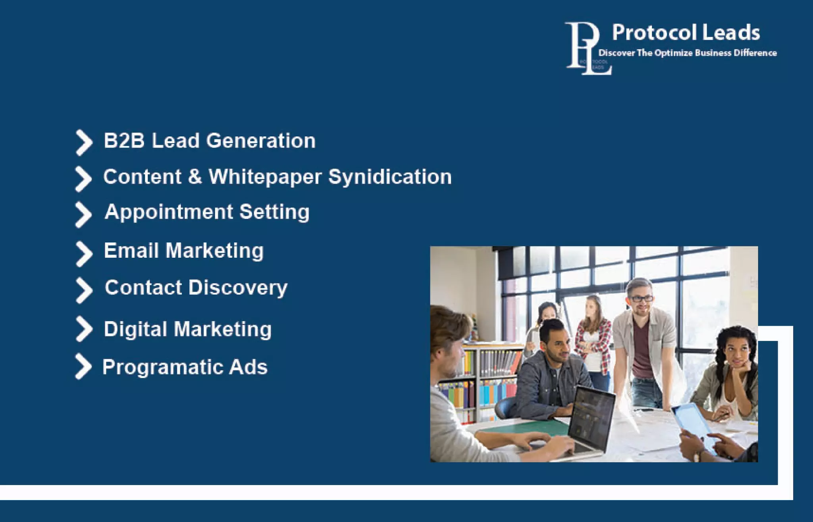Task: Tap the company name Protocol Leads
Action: pyautogui.click(x=686, y=33)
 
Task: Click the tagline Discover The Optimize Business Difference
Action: pyautogui.click(x=687, y=53)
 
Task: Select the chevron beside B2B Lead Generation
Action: pyautogui.click(x=84, y=142)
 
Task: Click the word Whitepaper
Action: pyautogui.click(x=265, y=177)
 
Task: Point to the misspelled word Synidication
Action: pyautogui.click(x=390, y=177)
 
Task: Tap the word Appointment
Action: pyautogui.click(x=169, y=212)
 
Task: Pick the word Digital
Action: pyautogui.click(x=135, y=329)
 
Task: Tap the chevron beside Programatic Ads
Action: pyautogui.click(x=83, y=367)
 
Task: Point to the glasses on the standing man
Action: pyautogui.click(x=641, y=299)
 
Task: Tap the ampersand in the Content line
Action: pyautogui.click(x=195, y=177)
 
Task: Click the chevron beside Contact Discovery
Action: pyautogui.click(x=84, y=290)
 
